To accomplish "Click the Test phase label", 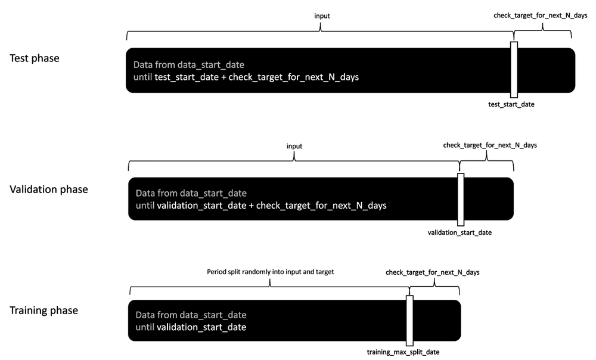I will [x=34, y=58].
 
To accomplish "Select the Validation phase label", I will [x=49, y=190].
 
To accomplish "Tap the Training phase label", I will [x=44, y=311].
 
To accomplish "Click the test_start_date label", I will [x=511, y=104].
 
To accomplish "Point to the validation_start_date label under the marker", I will [x=460, y=232].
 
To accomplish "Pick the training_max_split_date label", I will [x=403, y=352].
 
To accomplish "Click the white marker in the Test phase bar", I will [x=514, y=69].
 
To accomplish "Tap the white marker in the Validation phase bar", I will [x=460, y=200].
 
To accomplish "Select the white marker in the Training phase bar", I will [x=409, y=321].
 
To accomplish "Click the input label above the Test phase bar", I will [x=322, y=16].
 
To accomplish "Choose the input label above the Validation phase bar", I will [x=294, y=146].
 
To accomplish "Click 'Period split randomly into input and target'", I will [x=270, y=272].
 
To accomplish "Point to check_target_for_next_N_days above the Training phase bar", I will [x=433, y=272].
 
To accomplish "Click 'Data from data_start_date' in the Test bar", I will [x=188, y=64].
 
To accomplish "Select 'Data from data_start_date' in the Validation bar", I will [x=191, y=194].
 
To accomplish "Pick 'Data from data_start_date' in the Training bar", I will [x=191, y=315].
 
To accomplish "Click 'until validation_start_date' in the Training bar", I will [x=191, y=327].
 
